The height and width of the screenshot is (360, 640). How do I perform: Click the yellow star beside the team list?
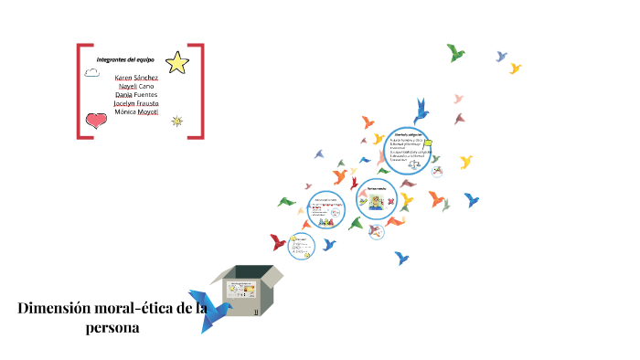click(177, 62)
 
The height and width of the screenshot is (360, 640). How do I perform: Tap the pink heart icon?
click(96, 120)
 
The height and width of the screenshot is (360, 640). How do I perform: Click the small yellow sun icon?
click(176, 121)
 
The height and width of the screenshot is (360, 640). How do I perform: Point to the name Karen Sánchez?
click(136, 78)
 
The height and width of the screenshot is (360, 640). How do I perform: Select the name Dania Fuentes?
click(136, 95)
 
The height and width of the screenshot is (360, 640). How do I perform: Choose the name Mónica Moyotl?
click(136, 112)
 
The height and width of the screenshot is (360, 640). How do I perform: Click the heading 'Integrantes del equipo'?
click(125, 59)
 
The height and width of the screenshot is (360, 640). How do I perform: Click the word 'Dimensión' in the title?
click(58, 309)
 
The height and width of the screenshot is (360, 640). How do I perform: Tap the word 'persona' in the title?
click(111, 328)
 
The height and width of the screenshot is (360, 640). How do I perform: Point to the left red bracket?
click(80, 91)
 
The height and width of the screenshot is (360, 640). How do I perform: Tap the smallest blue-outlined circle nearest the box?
click(301, 244)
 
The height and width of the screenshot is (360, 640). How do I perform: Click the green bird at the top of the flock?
click(456, 52)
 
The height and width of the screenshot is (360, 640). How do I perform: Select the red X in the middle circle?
click(391, 201)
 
